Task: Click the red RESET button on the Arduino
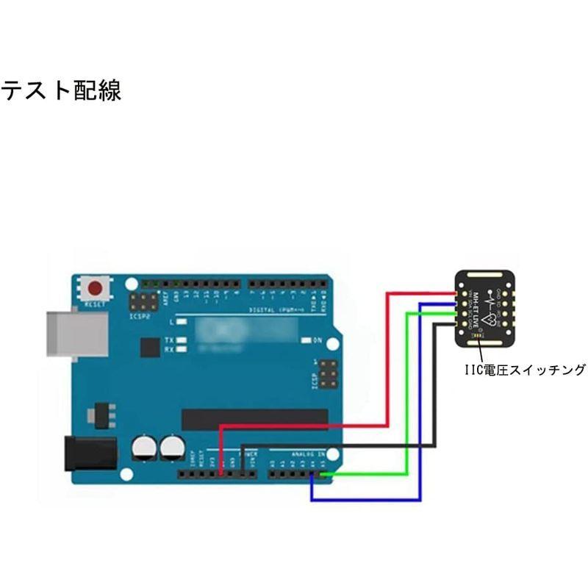tap(96, 288)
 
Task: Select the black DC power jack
tap(90, 453)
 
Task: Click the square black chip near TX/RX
tap(151, 347)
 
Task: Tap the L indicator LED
tap(182, 322)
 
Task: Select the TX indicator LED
tap(182, 340)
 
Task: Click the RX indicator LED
tap(182, 350)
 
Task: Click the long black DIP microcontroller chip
tap(254, 420)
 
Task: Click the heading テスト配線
tap(61, 91)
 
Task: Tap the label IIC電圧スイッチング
tap(524, 370)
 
